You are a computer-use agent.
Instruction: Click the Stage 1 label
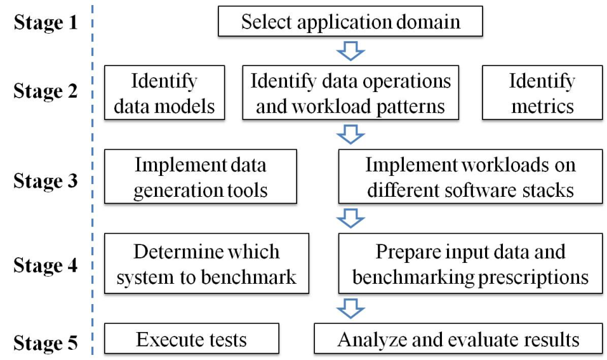point(46,22)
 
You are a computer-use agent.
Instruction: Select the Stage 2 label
point(46,91)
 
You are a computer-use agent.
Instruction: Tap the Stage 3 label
point(46,181)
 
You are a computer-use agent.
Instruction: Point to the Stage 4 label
point(46,265)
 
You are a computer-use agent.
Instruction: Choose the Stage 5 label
point(46,343)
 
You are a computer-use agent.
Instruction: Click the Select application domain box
point(350,22)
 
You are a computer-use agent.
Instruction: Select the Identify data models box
point(164,93)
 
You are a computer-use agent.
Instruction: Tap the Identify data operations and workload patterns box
point(350,93)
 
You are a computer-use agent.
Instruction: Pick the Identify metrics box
point(542,93)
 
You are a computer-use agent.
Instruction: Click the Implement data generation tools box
point(201,177)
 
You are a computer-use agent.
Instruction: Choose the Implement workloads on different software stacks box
point(470,177)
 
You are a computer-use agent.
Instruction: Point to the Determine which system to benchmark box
point(207,263)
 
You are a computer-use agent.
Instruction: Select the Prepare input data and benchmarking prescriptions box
point(470,263)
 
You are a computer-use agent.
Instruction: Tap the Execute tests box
point(192,338)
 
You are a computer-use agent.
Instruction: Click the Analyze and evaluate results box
point(458,338)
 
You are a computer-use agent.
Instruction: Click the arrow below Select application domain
point(350,51)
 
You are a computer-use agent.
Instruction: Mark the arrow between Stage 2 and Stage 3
point(350,135)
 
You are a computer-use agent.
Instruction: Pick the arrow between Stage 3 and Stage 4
point(350,218)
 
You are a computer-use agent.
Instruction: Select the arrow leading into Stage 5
point(350,309)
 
